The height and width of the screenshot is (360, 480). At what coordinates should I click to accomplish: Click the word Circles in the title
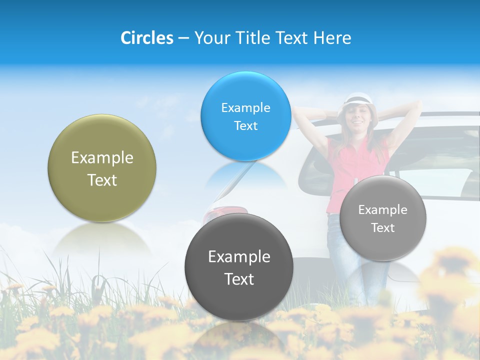coord(147,38)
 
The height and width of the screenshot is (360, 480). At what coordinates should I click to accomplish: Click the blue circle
coord(245,116)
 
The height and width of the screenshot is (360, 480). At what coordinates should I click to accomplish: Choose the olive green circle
coord(102,168)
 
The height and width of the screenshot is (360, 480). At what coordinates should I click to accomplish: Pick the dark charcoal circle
coord(239,267)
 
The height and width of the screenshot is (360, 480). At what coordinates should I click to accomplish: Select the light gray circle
coord(383,218)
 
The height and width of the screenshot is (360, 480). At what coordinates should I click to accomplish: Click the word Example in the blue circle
coord(245,107)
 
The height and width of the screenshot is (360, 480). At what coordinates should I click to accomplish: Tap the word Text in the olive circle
coord(102,180)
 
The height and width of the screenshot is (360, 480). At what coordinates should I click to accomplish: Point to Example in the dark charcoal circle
coord(239,256)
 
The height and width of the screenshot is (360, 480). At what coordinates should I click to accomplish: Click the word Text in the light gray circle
coord(383,228)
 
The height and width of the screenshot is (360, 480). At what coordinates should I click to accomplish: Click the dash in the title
coord(182,38)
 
